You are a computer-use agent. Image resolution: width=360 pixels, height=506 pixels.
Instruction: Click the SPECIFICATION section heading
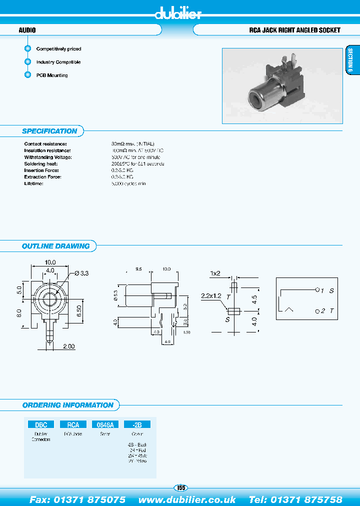[49, 131]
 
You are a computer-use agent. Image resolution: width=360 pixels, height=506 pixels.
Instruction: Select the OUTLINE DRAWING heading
[55, 246]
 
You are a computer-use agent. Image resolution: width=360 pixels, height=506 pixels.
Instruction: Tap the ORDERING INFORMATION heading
[68, 405]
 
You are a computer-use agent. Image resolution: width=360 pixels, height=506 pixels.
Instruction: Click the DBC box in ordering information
[41, 424]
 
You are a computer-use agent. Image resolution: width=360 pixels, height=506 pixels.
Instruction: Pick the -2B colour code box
[137, 424]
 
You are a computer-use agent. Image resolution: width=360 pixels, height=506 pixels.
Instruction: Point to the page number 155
[180, 487]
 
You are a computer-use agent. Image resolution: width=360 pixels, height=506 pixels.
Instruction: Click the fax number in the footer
[77, 499]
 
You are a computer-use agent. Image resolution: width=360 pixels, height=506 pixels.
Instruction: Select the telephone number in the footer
[295, 499]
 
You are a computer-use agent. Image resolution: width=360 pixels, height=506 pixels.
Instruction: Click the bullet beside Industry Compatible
[28, 62]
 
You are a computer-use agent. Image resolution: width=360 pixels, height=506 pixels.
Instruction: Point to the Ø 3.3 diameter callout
[81, 273]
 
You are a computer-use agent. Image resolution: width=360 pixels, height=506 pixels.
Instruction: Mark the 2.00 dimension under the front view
[68, 346]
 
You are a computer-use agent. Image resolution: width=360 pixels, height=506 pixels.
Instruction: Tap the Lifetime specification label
[34, 183]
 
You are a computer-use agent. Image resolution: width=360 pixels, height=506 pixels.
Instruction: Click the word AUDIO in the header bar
[27, 30]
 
